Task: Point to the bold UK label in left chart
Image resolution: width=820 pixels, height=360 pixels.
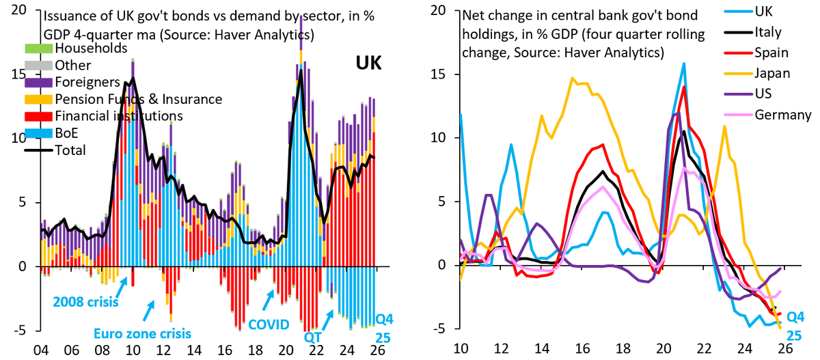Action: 368,64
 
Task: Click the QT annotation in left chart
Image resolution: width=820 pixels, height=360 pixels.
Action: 314,337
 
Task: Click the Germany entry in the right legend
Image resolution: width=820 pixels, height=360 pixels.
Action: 777,114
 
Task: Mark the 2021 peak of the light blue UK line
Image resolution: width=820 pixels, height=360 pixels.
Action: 683,64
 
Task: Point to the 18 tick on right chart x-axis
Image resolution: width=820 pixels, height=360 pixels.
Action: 623,347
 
